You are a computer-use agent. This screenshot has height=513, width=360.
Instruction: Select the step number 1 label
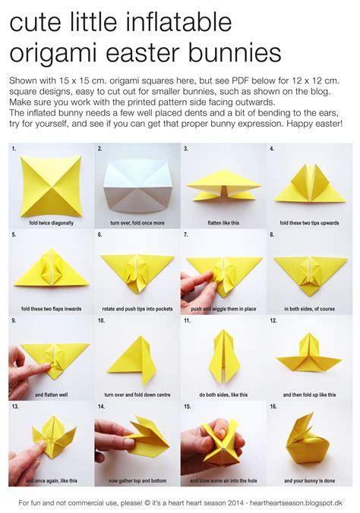(14, 149)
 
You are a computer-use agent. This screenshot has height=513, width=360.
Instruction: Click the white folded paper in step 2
(137, 183)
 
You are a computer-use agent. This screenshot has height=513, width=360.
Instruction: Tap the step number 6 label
(99, 235)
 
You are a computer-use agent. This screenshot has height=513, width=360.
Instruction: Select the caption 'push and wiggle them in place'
(223, 310)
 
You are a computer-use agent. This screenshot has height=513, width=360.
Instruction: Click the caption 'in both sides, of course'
(308, 310)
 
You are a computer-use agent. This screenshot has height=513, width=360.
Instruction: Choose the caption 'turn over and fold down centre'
(137, 395)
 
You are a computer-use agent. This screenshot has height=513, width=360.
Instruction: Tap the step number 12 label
(273, 321)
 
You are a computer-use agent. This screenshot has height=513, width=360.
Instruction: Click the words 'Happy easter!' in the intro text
(318, 123)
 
